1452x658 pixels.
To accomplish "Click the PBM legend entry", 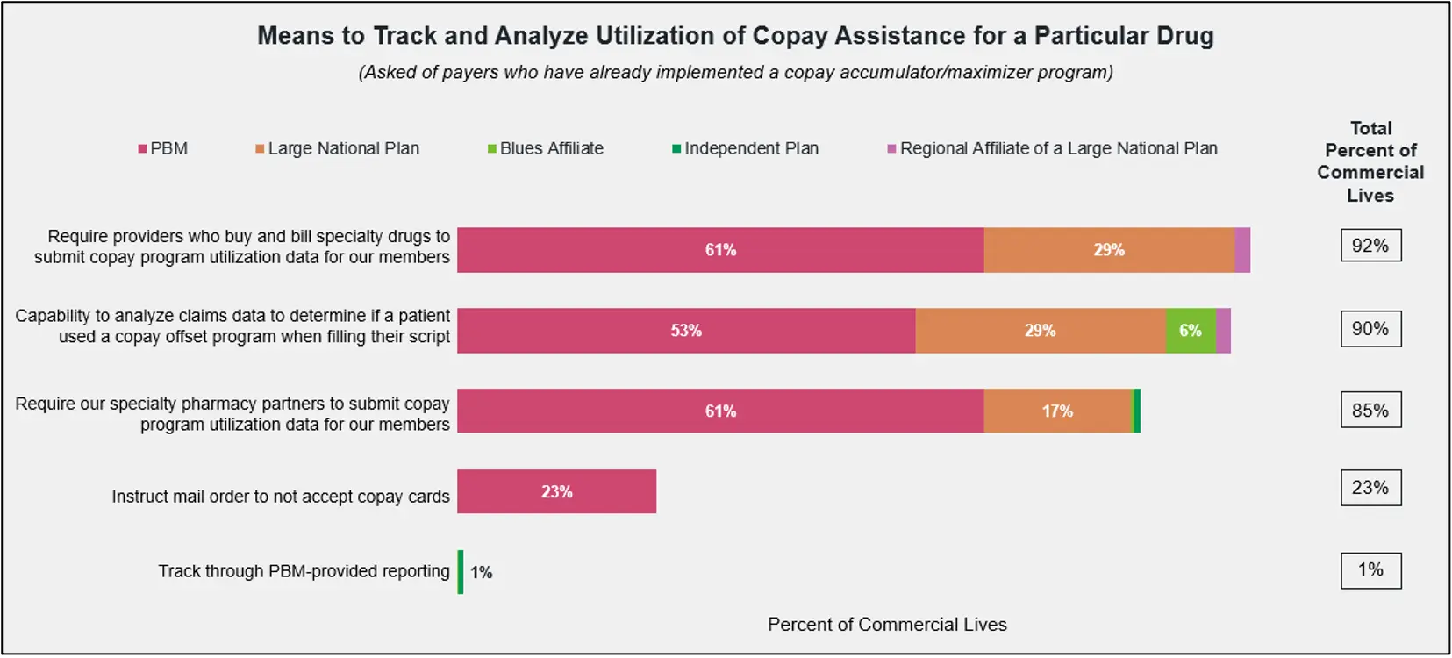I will pos(163,148).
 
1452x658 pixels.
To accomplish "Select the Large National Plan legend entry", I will pos(338,148).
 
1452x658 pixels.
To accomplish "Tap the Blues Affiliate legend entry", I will pos(546,148).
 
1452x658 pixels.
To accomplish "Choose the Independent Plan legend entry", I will pos(746,148).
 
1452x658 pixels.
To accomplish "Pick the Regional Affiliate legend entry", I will pos(1053,148).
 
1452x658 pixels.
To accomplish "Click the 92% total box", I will pos(1370,246).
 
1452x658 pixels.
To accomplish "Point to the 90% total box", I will pos(1370,329).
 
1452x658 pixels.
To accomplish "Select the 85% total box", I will pos(1370,410).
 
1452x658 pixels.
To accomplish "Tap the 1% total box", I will pos(1370,570).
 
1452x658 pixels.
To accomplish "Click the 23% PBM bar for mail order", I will pos(556,491).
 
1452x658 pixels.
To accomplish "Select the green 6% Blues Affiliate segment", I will pos(1191,331).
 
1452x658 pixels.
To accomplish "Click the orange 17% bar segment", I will pos(1057,411).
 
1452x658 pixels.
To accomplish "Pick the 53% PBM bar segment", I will pos(686,331).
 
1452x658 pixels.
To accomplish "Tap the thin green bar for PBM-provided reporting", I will pos(461,572).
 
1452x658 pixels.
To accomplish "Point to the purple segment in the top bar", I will pos(1242,250).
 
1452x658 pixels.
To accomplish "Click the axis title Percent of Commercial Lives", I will pos(887,625).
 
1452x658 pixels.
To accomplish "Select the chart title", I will pos(735,36).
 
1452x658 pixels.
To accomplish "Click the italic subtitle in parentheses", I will pos(735,72).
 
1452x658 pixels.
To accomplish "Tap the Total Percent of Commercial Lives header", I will pos(1370,161).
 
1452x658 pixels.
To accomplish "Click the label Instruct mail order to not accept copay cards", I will pos(281,497).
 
